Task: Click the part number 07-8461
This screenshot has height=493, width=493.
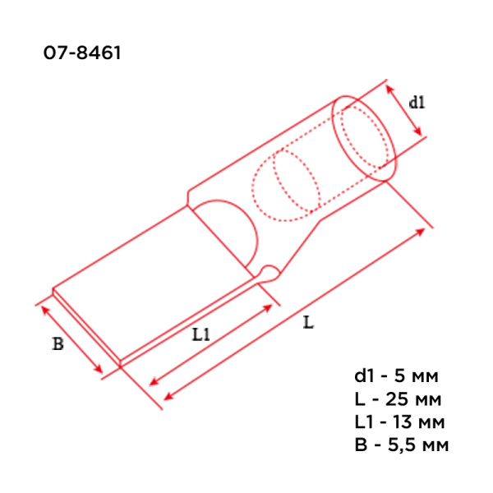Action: pyautogui.click(x=83, y=54)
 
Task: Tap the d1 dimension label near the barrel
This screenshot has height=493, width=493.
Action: pyautogui.click(x=417, y=103)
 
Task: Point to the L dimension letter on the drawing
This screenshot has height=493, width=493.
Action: pyautogui.click(x=308, y=323)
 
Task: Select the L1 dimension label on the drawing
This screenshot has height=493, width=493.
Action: pyautogui.click(x=201, y=334)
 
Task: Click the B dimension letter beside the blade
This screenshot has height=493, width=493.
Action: pyautogui.click(x=58, y=344)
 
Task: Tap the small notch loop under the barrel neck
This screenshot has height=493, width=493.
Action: pyautogui.click(x=269, y=273)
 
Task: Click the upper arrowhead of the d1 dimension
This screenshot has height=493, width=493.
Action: pyautogui.click(x=388, y=85)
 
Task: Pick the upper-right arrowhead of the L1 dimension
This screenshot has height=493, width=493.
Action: pyautogui.click(x=270, y=305)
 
